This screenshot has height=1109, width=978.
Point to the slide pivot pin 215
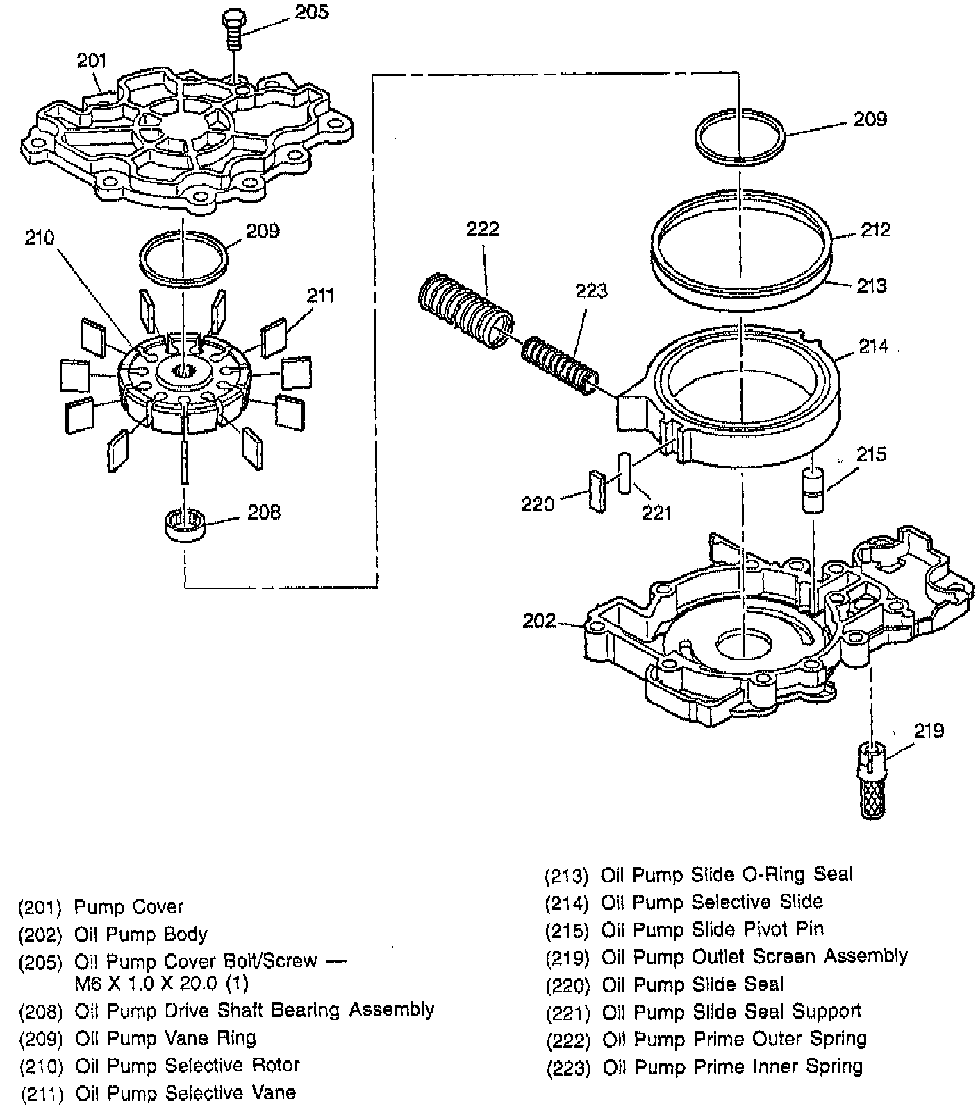pos(813,490)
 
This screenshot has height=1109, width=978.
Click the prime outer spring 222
pos(466,311)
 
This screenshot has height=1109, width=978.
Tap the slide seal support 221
pos(624,473)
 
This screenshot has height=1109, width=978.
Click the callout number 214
pos(872,346)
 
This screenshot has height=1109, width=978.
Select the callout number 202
pos(539,621)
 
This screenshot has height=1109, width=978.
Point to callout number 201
pos(91,61)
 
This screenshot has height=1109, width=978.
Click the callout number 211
pos(320,295)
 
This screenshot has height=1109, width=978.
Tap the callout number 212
pos(875,229)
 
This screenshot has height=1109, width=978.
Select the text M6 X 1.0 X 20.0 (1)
pos(162,984)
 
